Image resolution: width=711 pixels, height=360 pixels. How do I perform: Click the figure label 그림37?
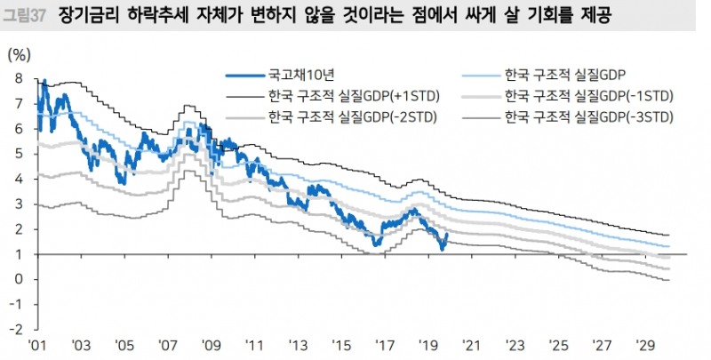(x=26, y=15)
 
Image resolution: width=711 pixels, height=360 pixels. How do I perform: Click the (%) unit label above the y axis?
(x=19, y=55)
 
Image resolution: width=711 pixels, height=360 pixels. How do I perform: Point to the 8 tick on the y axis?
(x=18, y=78)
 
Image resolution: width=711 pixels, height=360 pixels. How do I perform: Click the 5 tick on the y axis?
(x=18, y=154)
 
